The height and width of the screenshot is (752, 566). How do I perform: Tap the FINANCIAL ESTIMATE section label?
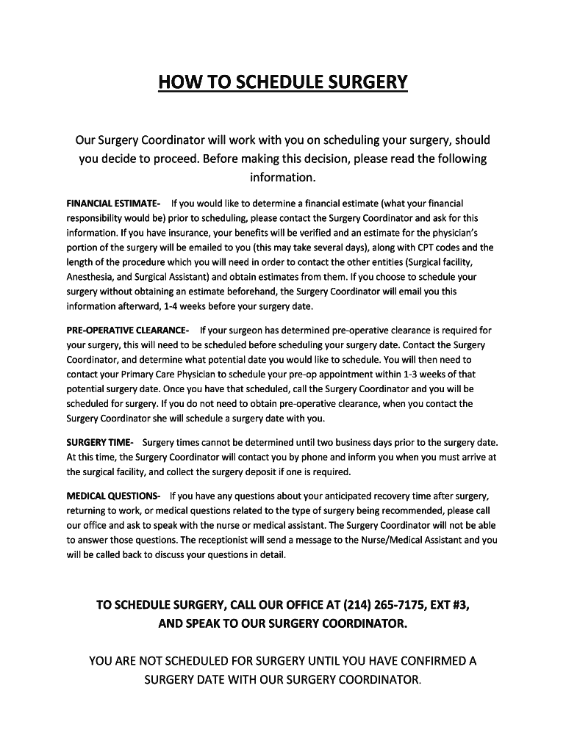click(113, 203)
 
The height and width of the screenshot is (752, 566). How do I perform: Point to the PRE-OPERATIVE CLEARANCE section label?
click(128, 330)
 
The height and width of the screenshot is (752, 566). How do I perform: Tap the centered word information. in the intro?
click(282, 178)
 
